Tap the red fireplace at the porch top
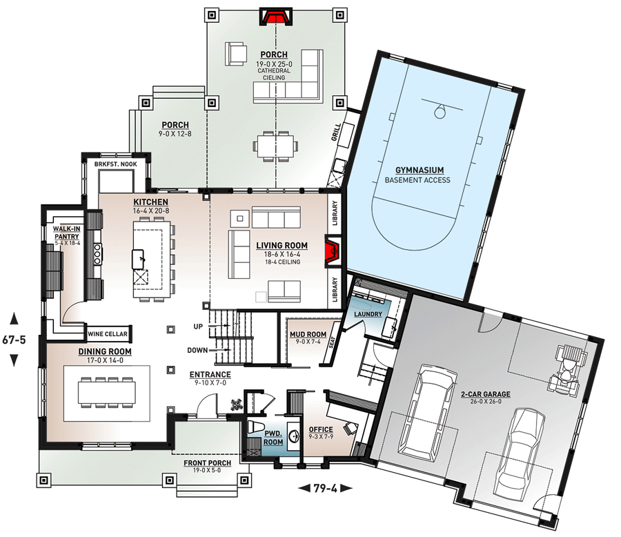point(275,16)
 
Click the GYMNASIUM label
point(419,170)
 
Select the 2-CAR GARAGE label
point(486,395)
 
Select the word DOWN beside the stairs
point(197,350)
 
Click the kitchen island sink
point(140,260)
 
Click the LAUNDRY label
point(368,314)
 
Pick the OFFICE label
point(320,429)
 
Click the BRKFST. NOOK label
point(115,165)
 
